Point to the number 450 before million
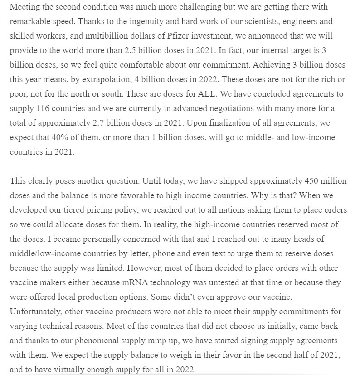click(x=308, y=181)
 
